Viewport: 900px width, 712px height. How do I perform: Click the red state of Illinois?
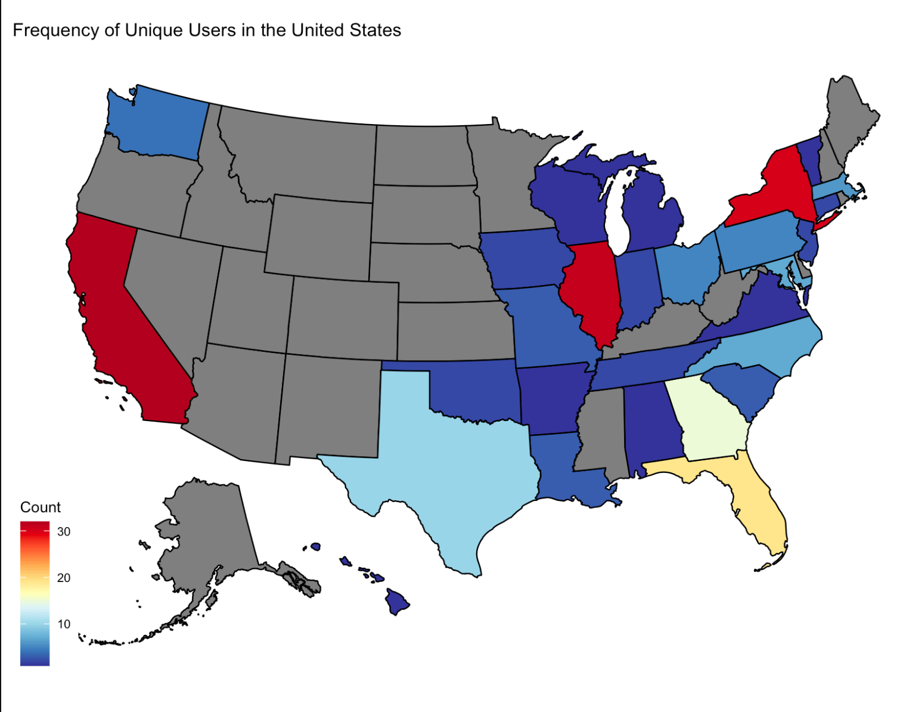tap(593, 286)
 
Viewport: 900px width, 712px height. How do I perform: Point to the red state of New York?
tap(775, 191)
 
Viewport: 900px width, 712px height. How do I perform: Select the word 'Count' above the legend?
tap(41, 507)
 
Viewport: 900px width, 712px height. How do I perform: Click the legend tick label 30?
tap(64, 532)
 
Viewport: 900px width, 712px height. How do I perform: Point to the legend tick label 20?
tap(64, 578)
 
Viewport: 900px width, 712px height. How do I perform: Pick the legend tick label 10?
tap(64, 624)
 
